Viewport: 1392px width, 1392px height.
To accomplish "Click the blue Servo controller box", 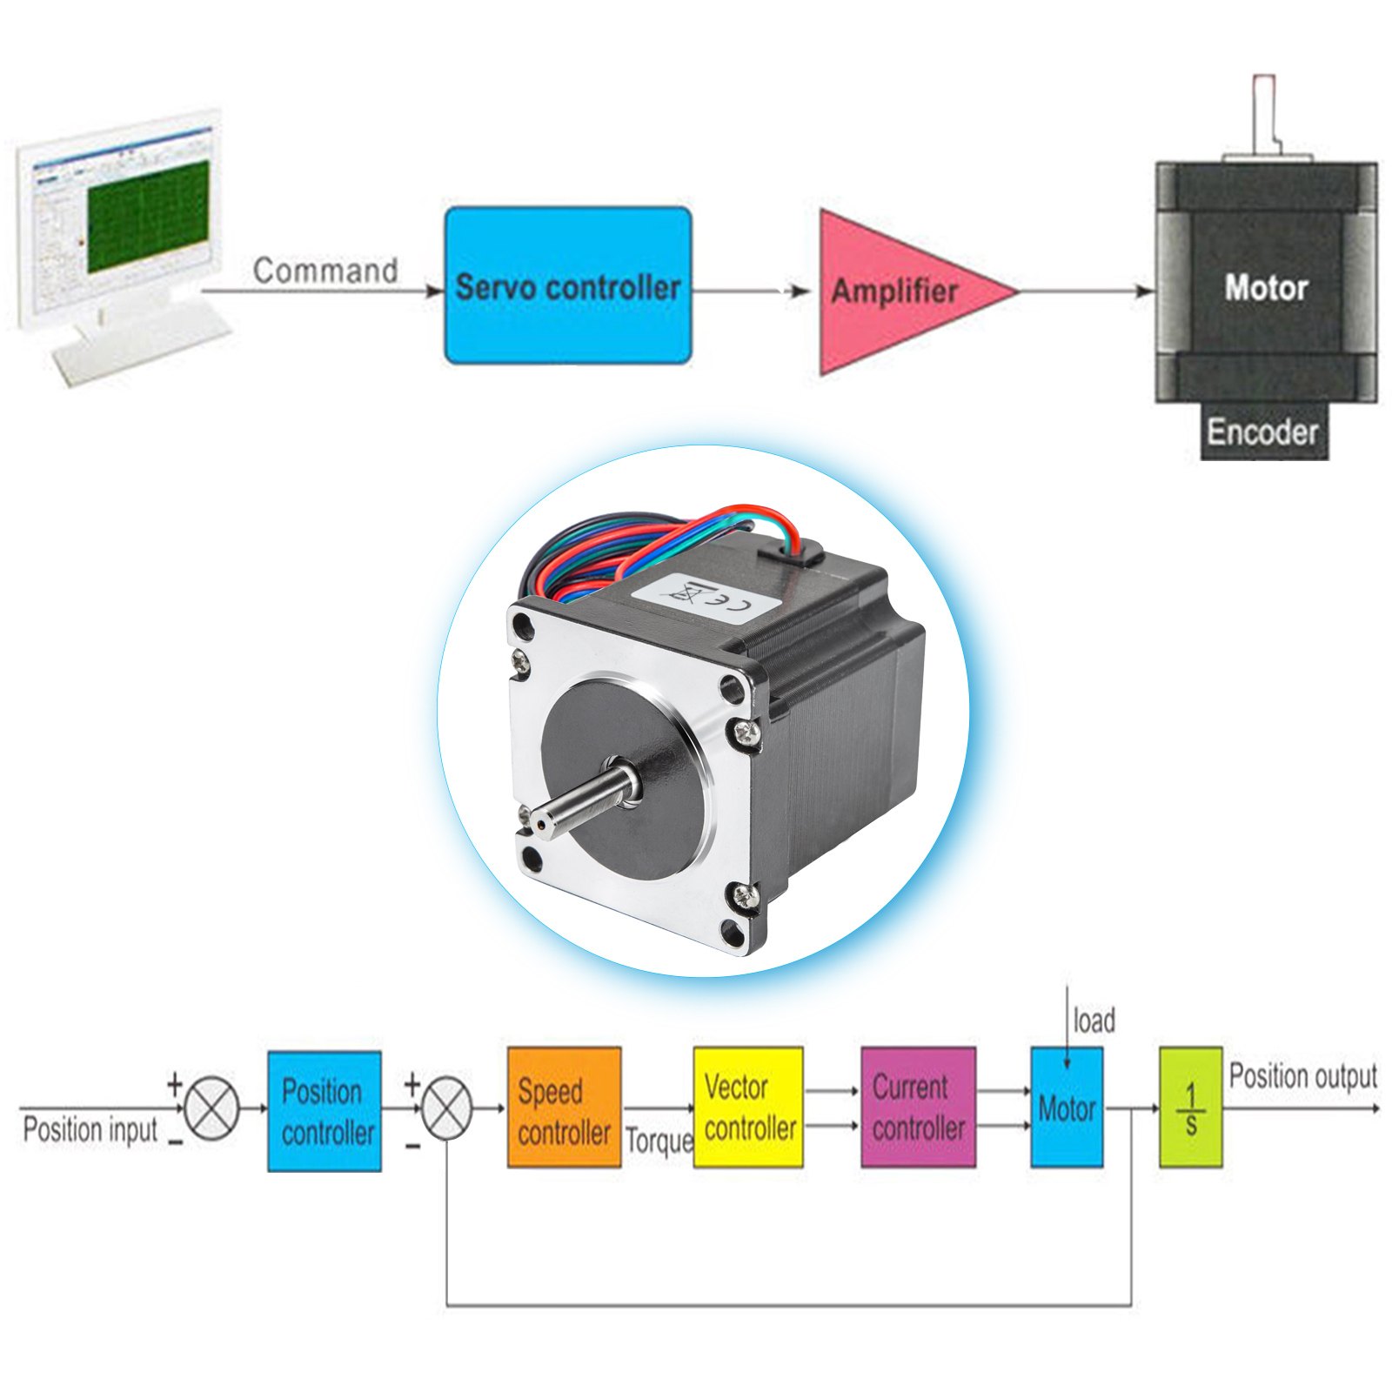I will tap(568, 285).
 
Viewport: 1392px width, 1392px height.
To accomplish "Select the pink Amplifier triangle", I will tap(896, 291).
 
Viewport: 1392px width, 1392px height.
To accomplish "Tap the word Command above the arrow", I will tap(325, 271).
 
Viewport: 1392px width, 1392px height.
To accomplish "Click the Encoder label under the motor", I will tap(1262, 432).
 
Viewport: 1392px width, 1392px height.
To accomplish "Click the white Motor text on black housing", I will tap(1266, 287).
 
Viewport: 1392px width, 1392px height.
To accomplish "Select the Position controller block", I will tap(325, 1111).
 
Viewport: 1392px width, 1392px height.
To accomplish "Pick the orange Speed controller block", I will tap(564, 1108).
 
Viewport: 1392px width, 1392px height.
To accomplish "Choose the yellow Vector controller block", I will tap(748, 1108).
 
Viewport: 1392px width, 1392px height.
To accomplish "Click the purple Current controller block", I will tap(918, 1108).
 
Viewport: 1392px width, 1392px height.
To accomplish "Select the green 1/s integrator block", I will tap(1190, 1108).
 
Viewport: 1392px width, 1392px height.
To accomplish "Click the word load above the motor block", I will tap(1094, 1021).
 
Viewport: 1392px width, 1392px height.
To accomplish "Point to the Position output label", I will tap(1302, 1076).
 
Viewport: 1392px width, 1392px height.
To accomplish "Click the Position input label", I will tap(90, 1130).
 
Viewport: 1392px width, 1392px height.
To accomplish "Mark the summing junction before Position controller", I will tap(212, 1108).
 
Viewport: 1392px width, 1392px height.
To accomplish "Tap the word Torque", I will tap(659, 1141).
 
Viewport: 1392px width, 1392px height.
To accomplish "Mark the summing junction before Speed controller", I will tap(446, 1108).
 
